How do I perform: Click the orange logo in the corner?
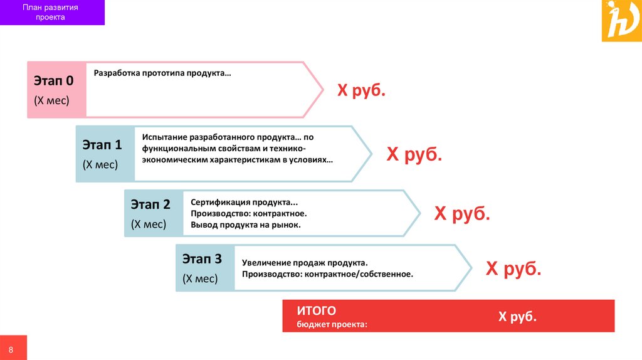(x=621, y=21)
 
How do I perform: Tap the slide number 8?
(x=11, y=348)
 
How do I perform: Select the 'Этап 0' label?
(x=53, y=80)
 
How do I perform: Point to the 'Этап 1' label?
(x=102, y=145)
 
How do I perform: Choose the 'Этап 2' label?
(x=150, y=204)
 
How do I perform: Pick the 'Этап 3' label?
(x=202, y=259)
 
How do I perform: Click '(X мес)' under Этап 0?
(x=51, y=100)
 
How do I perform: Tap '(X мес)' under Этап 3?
(x=200, y=279)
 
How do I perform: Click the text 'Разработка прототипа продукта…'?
(x=162, y=73)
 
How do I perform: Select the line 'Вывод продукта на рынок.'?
(x=246, y=225)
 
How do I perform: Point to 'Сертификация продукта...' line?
(x=245, y=203)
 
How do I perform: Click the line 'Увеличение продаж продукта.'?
(x=305, y=262)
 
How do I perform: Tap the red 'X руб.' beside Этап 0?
(x=362, y=91)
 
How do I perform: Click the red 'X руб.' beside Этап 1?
(x=414, y=154)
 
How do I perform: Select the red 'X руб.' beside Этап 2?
(x=462, y=214)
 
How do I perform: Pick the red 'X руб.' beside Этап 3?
(x=513, y=269)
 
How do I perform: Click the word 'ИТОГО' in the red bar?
(x=317, y=310)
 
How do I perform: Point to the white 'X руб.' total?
(x=517, y=317)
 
